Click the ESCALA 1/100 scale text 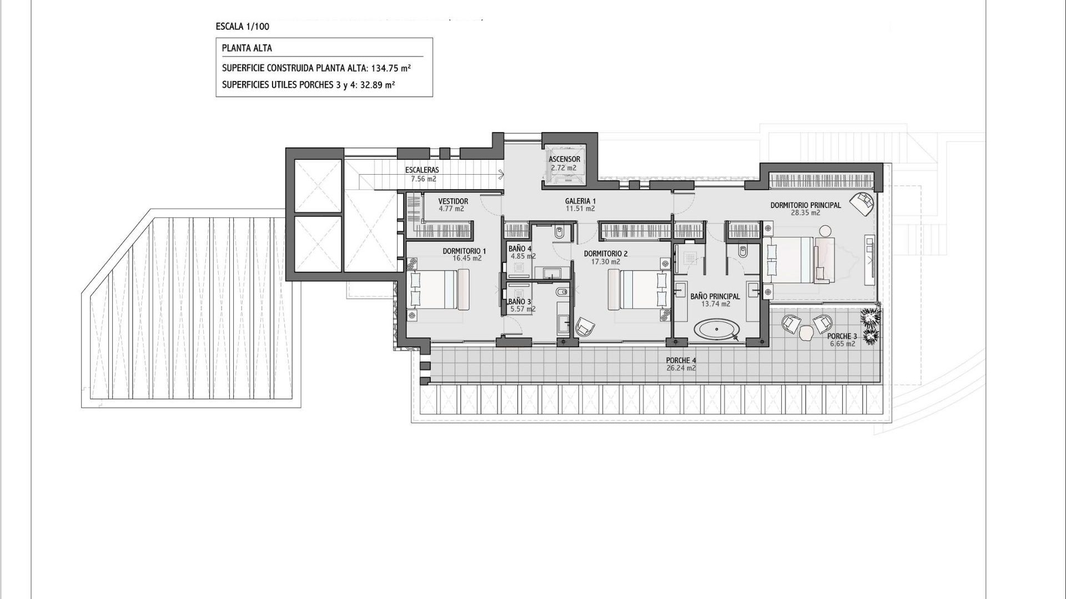click(x=243, y=26)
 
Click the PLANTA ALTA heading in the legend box click(x=247, y=48)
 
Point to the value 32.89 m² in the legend click(x=377, y=85)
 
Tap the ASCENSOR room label click(x=564, y=159)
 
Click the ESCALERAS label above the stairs click(x=422, y=170)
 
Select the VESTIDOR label click(x=453, y=201)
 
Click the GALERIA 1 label click(x=580, y=201)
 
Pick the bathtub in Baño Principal click(x=716, y=329)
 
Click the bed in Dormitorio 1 click(x=439, y=290)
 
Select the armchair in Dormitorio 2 click(x=585, y=327)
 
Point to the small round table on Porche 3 click(x=806, y=333)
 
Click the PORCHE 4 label click(x=681, y=361)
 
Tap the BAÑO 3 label click(x=520, y=302)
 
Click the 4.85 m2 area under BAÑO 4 click(x=523, y=256)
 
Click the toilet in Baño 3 click(x=561, y=292)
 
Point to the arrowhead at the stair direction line click(x=501, y=175)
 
